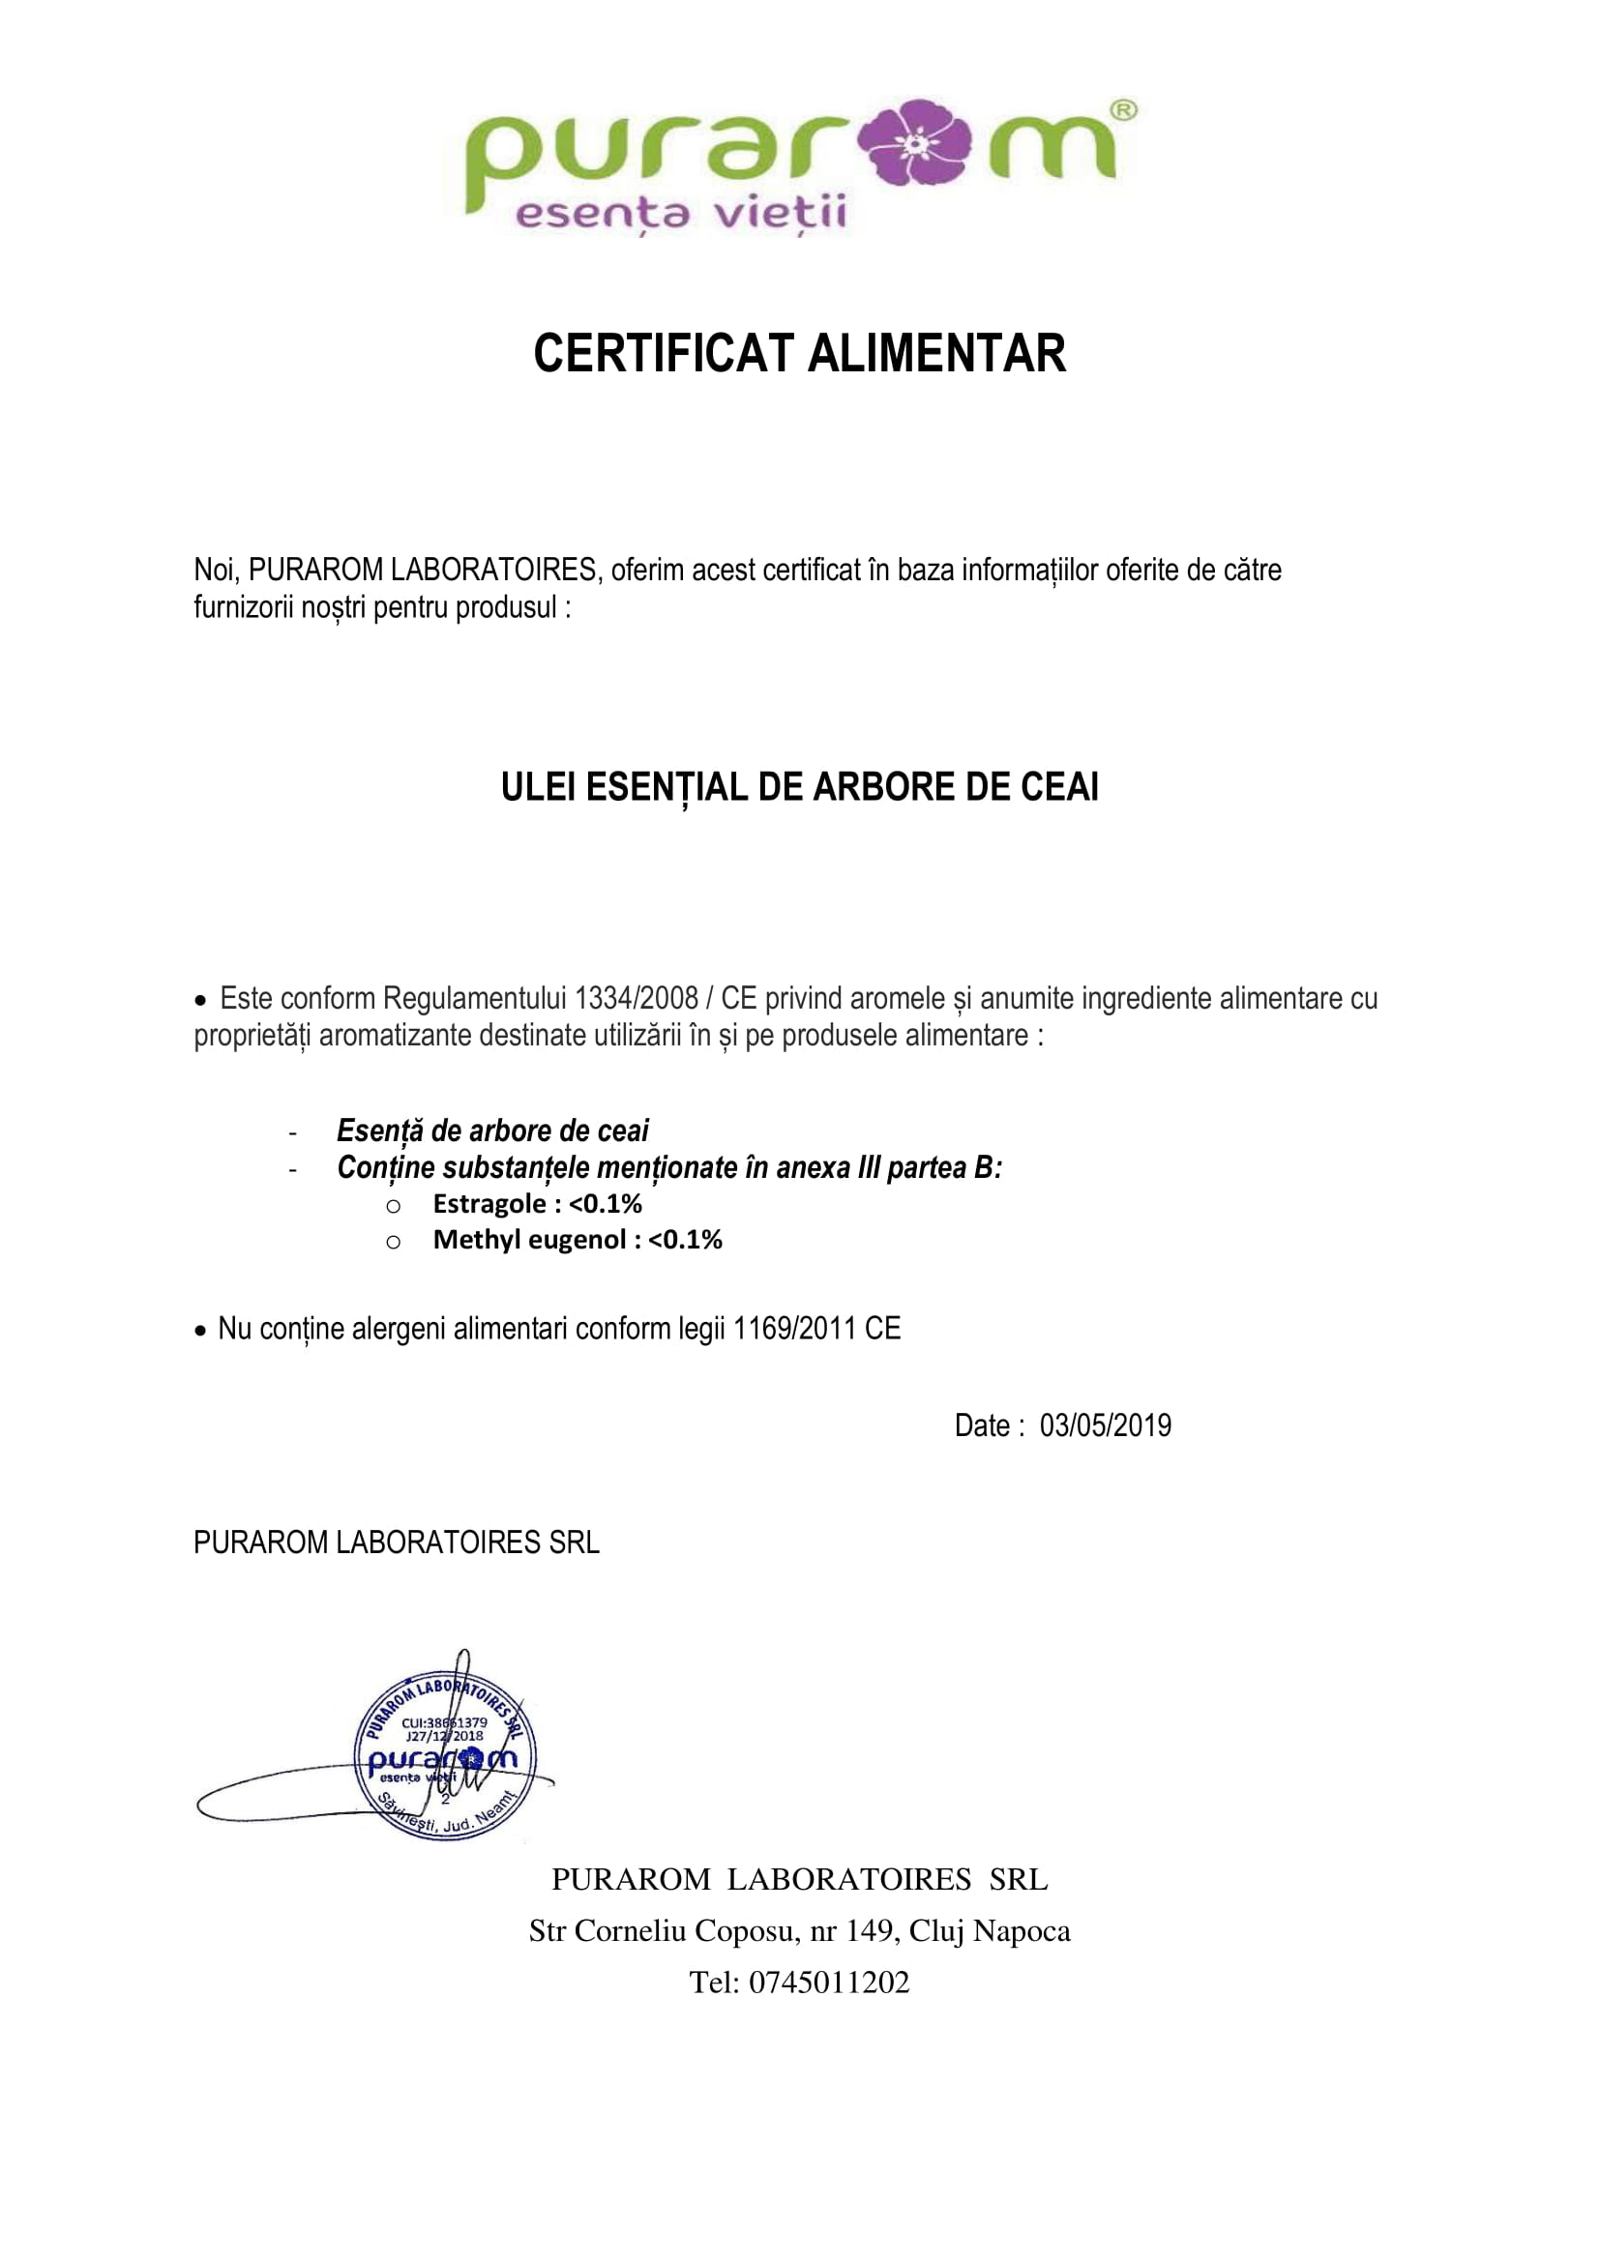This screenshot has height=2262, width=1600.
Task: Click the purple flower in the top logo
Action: pos(915,143)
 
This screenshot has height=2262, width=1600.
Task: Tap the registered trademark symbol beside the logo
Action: pos(1123,110)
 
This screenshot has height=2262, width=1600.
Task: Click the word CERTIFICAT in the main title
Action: pos(663,354)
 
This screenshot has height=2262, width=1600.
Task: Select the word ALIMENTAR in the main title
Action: pos(937,354)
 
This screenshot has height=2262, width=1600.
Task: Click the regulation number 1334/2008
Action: pos(636,998)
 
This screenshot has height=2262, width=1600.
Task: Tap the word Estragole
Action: pos(489,1204)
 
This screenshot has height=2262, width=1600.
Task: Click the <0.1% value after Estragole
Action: pos(605,1204)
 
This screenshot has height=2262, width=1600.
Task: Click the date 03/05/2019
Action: pos(1106,1425)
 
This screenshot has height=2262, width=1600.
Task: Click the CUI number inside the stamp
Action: pos(444,1723)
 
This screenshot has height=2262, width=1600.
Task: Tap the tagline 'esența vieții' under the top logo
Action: pos(681,214)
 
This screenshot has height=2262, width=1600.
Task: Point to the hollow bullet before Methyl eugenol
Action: pos(393,1242)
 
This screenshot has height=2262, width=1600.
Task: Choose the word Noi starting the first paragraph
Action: pos(214,570)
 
